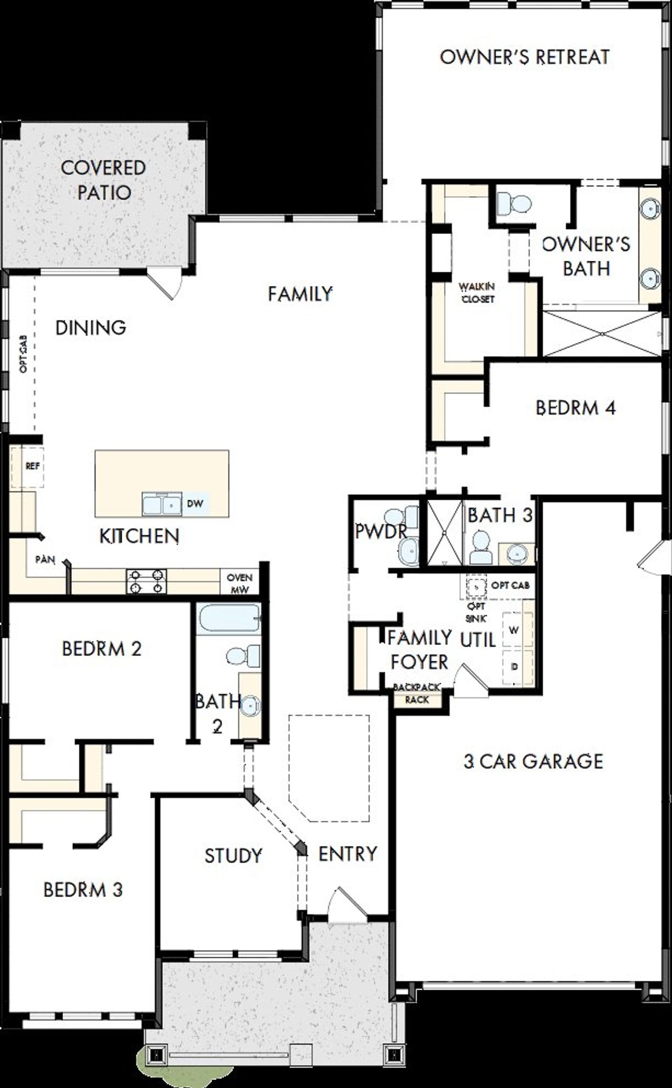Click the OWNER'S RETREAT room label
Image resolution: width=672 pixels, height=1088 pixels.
click(x=524, y=57)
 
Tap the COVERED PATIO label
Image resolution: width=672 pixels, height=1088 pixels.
click(x=103, y=180)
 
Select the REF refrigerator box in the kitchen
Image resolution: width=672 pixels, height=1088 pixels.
click(x=33, y=466)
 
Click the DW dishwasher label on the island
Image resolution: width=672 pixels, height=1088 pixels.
click(x=195, y=504)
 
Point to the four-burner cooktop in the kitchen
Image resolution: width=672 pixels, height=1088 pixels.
click(x=146, y=582)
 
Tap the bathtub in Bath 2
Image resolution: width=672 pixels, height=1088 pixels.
click(x=229, y=620)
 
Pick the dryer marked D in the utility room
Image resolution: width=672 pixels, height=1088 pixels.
click(x=514, y=667)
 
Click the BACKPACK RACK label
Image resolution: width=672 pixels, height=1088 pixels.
click(x=417, y=693)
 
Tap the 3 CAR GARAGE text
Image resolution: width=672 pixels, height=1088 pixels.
click(x=533, y=762)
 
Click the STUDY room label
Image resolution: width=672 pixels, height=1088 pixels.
click(x=233, y=856)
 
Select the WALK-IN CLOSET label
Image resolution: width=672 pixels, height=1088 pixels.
click(x=477, y=293)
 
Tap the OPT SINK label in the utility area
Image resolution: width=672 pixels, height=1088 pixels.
click(x=476, y=612)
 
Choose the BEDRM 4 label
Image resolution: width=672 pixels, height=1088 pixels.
click(x=575, y=408)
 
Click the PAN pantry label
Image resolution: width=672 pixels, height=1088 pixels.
click(x=45, y=559)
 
